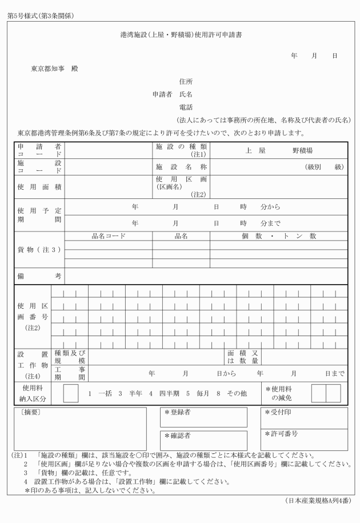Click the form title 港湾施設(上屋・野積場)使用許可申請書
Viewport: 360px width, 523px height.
coord(180,35)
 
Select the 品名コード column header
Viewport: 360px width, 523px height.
coord(108,235)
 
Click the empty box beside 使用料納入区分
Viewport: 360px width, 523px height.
coord(71,393)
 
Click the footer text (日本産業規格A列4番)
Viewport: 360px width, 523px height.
coord(317,501)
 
